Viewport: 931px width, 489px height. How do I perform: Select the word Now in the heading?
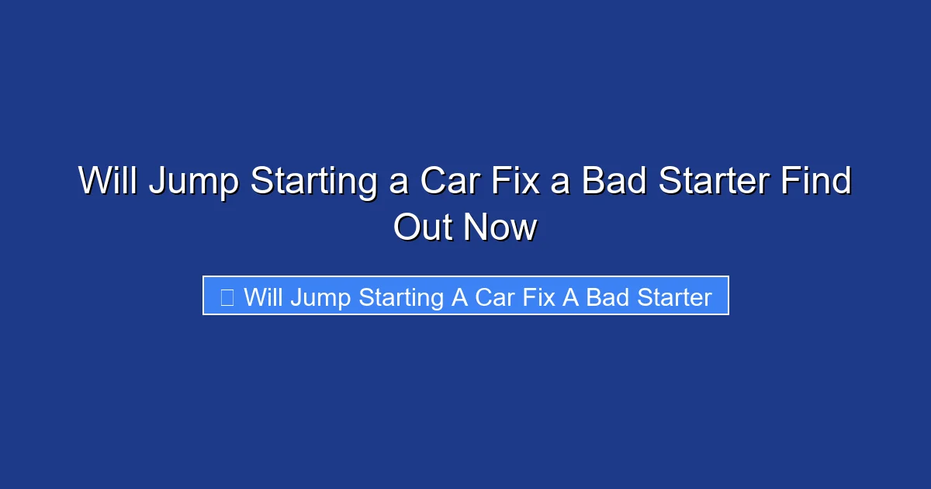pyautogui.click(x=500, y=228)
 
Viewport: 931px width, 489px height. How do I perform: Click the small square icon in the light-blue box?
pyautogui.click(x=227, y=297)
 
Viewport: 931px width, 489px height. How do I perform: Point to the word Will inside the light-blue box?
pyautogui.click(x=264, y=297)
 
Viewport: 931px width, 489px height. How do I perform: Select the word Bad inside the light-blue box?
pyautogui.click(x=607, y=297)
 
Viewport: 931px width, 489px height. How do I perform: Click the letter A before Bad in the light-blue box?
pyautogui.click(x=570, y=297)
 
